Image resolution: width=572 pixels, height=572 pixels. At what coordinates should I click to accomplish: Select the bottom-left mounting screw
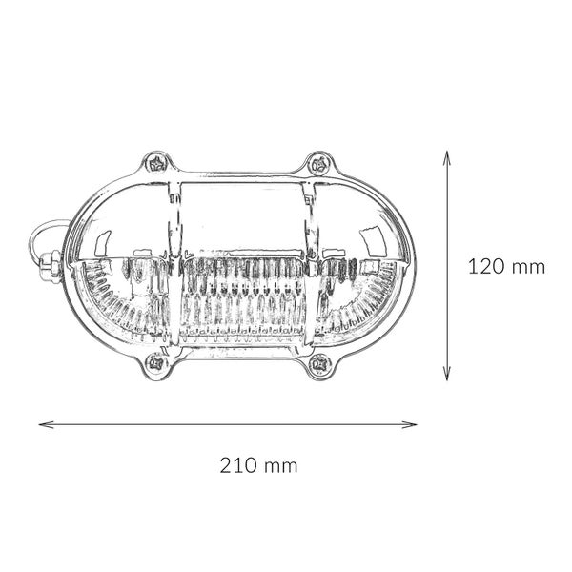click(155, 362)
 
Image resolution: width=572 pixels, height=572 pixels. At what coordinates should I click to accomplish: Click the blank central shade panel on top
click(240, 214)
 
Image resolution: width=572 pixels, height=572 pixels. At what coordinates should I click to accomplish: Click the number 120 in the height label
click(486, 267)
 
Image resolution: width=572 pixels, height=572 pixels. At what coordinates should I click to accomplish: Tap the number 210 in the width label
click(238, 466)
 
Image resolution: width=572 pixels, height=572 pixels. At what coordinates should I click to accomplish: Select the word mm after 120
click(526, 267)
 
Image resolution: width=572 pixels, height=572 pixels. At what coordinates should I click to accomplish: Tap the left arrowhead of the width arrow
click(43, 424)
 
